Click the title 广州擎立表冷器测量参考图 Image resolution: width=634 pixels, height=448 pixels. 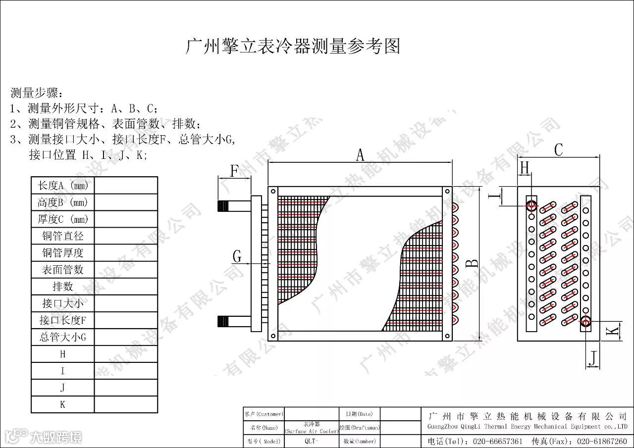pos(292,47)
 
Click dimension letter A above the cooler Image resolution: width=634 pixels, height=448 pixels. pos(360,155)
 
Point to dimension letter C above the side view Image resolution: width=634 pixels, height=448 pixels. pos(558,149)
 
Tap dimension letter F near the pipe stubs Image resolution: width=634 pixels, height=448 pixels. pos(235,171)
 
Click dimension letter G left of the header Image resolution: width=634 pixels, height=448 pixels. pos(237,256)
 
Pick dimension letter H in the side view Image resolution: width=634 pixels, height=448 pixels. pos(524,168)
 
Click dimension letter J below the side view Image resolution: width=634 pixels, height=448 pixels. pos(593,357)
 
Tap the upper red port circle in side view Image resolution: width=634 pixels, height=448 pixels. pos(531,204)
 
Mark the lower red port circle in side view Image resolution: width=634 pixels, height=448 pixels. pos(585,322)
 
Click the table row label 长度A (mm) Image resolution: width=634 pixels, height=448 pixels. pos(62,186)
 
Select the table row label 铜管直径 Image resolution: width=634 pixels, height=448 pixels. pos(62,236)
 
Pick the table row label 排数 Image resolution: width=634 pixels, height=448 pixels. pos(62,287)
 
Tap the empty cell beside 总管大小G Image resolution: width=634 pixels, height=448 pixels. pos(126,338)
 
